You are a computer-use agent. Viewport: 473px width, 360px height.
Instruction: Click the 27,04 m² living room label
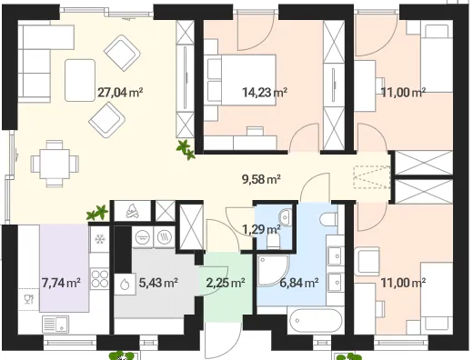(x=120, y=93)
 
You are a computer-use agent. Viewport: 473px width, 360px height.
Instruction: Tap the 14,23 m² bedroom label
(x=265, y=92)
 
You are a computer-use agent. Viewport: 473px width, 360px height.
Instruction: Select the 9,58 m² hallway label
(x=261, y=179)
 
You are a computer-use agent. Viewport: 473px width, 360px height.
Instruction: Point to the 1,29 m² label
(x=261, y=229)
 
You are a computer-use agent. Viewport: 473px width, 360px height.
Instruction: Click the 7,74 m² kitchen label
(x=61, y=283)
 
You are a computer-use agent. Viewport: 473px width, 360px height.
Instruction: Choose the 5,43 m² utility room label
(x=158, y=283)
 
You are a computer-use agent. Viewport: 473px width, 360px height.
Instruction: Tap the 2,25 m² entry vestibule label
(x=226, y=283)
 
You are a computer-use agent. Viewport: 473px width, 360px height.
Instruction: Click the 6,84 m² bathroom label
(x=299, y=283)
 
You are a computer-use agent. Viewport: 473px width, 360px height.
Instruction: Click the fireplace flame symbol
(x=132, y=211)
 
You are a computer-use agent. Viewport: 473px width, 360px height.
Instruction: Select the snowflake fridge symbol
(x=99, y=239)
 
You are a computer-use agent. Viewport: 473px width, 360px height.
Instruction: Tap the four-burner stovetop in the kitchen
(x=100, y=278)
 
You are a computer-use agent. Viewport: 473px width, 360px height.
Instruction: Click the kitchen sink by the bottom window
(x=55, y=325)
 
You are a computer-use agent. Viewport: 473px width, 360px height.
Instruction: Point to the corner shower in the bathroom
(x=272, y=270)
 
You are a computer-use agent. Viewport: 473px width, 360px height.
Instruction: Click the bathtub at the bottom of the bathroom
(x=316, y=320)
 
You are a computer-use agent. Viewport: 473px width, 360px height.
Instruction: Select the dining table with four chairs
(x=55, y=164)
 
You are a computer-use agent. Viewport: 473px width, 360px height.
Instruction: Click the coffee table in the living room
(x=80, y=80)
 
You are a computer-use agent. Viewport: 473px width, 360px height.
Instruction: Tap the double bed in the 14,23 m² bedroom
(x=242, y=80)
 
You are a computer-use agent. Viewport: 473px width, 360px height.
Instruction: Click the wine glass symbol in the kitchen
(x=29, y=299)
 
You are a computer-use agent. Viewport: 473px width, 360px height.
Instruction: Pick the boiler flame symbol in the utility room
(x=125, y=285)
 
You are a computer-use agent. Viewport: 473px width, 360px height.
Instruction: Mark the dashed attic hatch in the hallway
(x=372, y=177)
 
